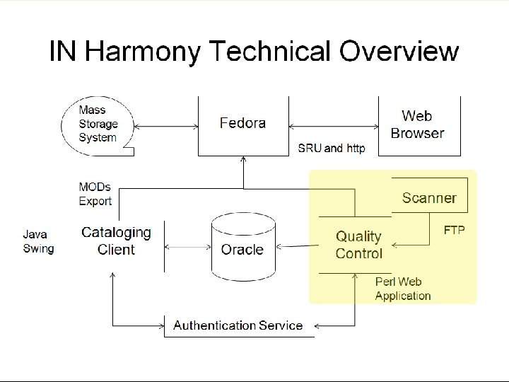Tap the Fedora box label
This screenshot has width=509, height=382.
[242, 123]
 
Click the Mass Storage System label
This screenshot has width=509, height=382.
[98, 124]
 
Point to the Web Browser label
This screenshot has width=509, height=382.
[417, 125]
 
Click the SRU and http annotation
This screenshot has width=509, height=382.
[332, 149]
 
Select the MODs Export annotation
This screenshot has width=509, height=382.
[95, 195]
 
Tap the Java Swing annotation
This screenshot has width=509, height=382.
[38, 241]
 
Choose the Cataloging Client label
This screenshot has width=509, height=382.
[117, 241]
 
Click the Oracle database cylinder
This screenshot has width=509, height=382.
[242, 249]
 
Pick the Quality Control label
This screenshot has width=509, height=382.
[358, 245]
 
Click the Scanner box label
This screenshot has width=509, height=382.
[429, 198]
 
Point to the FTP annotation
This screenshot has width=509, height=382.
[454, 231]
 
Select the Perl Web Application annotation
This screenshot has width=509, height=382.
[402, 289]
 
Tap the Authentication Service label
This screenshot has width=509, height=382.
[238, 326]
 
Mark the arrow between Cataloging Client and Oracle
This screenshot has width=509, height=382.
[187, 248]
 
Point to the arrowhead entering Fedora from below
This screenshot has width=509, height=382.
[243, 161]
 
